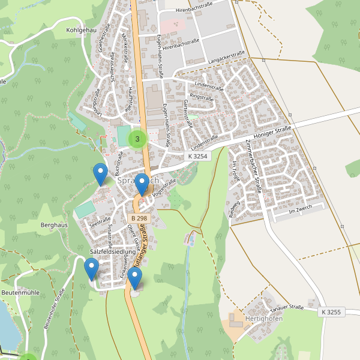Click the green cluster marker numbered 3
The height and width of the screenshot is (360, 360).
[x=138, y=139]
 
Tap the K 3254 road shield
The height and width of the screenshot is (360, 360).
[x=197, y=156]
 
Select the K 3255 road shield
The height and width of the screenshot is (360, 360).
[x=330, y=312]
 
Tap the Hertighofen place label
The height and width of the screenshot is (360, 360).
[x=264, y=318]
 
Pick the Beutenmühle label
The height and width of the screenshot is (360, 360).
[x=20, y=292]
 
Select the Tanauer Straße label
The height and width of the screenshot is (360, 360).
[x=287, y=308]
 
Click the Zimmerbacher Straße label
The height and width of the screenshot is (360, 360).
[x=255, y=166]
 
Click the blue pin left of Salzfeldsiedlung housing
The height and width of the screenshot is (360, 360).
[x=92, y=269]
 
